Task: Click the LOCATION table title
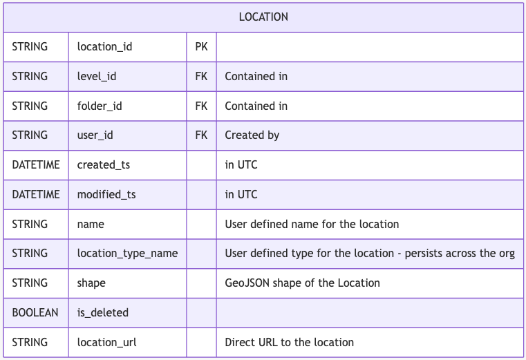point(263,17)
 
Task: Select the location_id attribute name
point(104,47)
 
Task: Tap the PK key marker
point(201,47)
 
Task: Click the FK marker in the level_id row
point(201,76)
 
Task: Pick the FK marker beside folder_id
point(201,106)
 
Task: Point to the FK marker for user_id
point(201,135)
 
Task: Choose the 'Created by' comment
point(252,135)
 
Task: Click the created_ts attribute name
point(104,164)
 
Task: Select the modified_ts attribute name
point(106,194)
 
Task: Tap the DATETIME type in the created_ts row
point(36,164)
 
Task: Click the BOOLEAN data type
point(35,312)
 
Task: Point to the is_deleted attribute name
point(103,312)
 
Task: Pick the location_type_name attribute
point(127,254)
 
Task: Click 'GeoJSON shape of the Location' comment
point(302,283)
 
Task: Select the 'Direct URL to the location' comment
point(289,342)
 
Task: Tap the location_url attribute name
point(106,342)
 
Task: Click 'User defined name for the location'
point(312,224)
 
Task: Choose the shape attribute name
point(91,283)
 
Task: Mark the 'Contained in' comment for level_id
point(256,76)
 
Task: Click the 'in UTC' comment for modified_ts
point(241,194)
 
